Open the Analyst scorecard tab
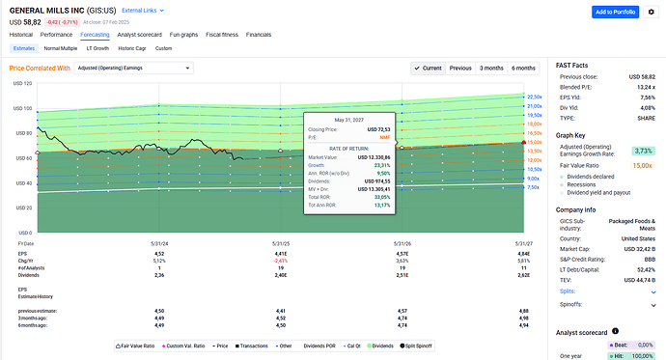tap(140, 34)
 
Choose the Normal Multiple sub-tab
tap(61, 47)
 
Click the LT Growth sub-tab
tap(98, 47)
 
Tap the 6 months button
tap(523, 68)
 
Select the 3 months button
tap(491, 68)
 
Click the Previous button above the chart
tap(460, 68)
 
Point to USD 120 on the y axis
tap(20, 83)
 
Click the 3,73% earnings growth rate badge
tap(643, 150)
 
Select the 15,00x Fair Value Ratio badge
tap(642, 165)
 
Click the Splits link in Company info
tap(567, 291)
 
